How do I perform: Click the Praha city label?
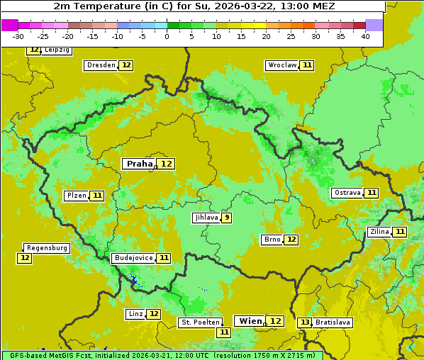coord(140,164)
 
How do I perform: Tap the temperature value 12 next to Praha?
coord(167,164)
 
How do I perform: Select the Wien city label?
coord(250,321)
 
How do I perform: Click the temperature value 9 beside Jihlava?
coord(226,218)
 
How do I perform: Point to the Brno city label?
coord(272,240)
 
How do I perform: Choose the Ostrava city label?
coord(347,193)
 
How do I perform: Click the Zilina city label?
coord(379,232)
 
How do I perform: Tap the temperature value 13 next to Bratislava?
coord(305,322)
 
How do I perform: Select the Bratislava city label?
coord(333,322)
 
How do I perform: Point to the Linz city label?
coord(135,314)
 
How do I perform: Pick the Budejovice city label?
coord(133,258)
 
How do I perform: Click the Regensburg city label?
coord(47,248)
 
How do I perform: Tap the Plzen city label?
coord(76,196)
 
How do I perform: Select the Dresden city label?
coord(101,65)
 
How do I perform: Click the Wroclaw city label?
coord(282,65)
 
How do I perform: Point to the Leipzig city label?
coord(57,50)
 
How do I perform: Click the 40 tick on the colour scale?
coord(364,36)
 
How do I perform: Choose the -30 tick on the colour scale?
coord(18,36)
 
